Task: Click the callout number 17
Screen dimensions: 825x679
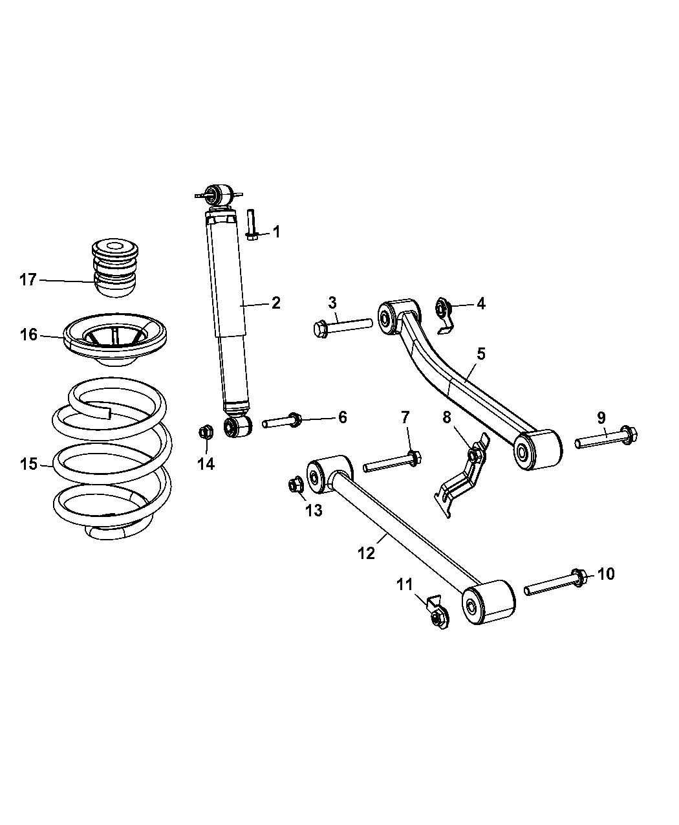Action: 28,280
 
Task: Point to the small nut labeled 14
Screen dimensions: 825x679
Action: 206,430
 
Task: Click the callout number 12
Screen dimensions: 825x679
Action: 366,553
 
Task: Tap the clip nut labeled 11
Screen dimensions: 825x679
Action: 436,615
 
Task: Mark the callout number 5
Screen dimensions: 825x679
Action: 481,354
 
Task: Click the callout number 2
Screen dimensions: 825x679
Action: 275,302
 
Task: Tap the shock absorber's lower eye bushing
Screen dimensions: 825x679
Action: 237,426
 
